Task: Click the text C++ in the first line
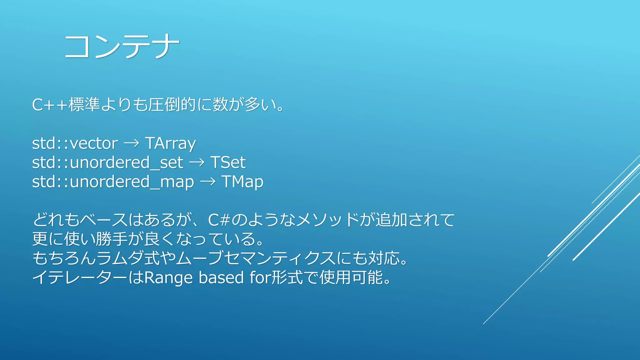(50, 105)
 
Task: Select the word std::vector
(75, 143)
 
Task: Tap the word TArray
(170, 143)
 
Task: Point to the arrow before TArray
(131, 143)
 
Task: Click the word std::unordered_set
(107, 162)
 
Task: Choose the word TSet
(228, 162)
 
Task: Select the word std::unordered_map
(113, 182)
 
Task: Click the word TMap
(242, 182)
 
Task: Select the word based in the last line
(221, 278)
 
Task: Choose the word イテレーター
(80, 278)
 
